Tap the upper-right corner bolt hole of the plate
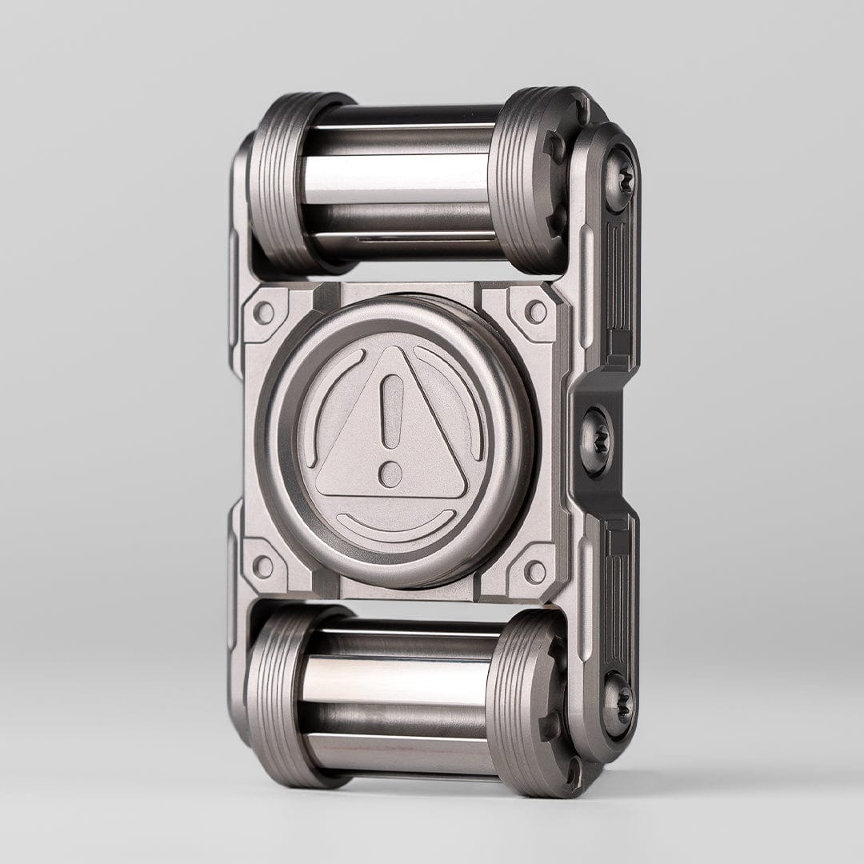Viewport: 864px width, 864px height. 535,311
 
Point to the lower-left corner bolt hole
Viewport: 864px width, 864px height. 262,566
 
